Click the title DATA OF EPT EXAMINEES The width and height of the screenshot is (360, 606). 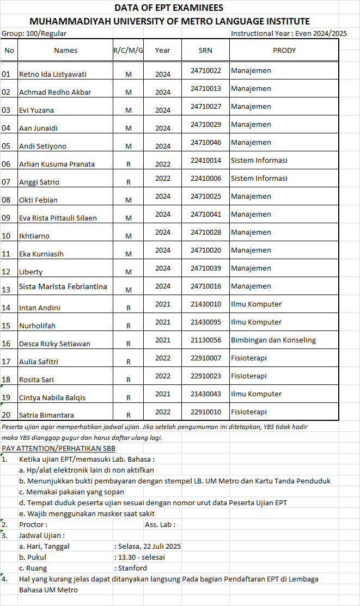tap(168, 8)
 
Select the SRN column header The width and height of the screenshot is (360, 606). tap(205, 51)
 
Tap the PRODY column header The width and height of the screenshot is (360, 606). tap(284, 51)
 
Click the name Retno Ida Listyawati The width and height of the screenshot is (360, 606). tap(53, 74)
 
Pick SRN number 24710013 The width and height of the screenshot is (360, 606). tap(205, 88)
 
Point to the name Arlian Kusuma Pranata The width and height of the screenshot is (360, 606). tap(57, 164)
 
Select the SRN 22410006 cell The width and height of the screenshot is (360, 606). tap(205, 178)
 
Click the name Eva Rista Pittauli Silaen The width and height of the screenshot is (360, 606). tap(58, 218)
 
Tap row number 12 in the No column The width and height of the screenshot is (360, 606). tap(7, 272)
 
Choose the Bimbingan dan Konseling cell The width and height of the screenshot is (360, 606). tap(273, 340)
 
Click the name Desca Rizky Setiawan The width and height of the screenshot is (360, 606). tap(54, 344)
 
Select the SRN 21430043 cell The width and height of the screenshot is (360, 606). tap(205, 394)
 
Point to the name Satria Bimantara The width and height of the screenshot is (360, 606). tap(46, 415)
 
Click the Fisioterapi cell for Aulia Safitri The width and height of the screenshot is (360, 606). tap(248, 358)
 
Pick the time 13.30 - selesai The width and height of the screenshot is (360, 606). tap(142, 557)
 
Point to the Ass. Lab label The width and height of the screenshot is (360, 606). tap(160, 524)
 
